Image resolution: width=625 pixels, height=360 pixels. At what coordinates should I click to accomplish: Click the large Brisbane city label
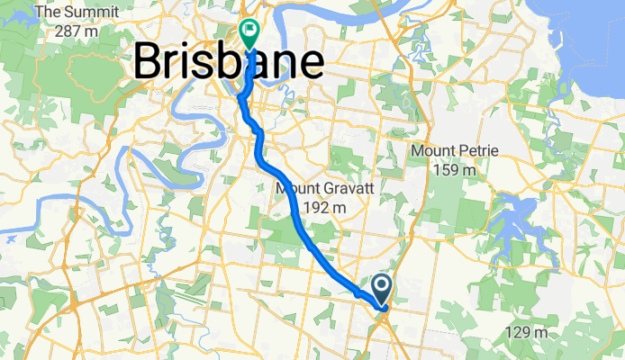click(x=229, y=63)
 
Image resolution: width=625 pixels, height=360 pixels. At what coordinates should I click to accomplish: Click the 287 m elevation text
click(x=76, y=31)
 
